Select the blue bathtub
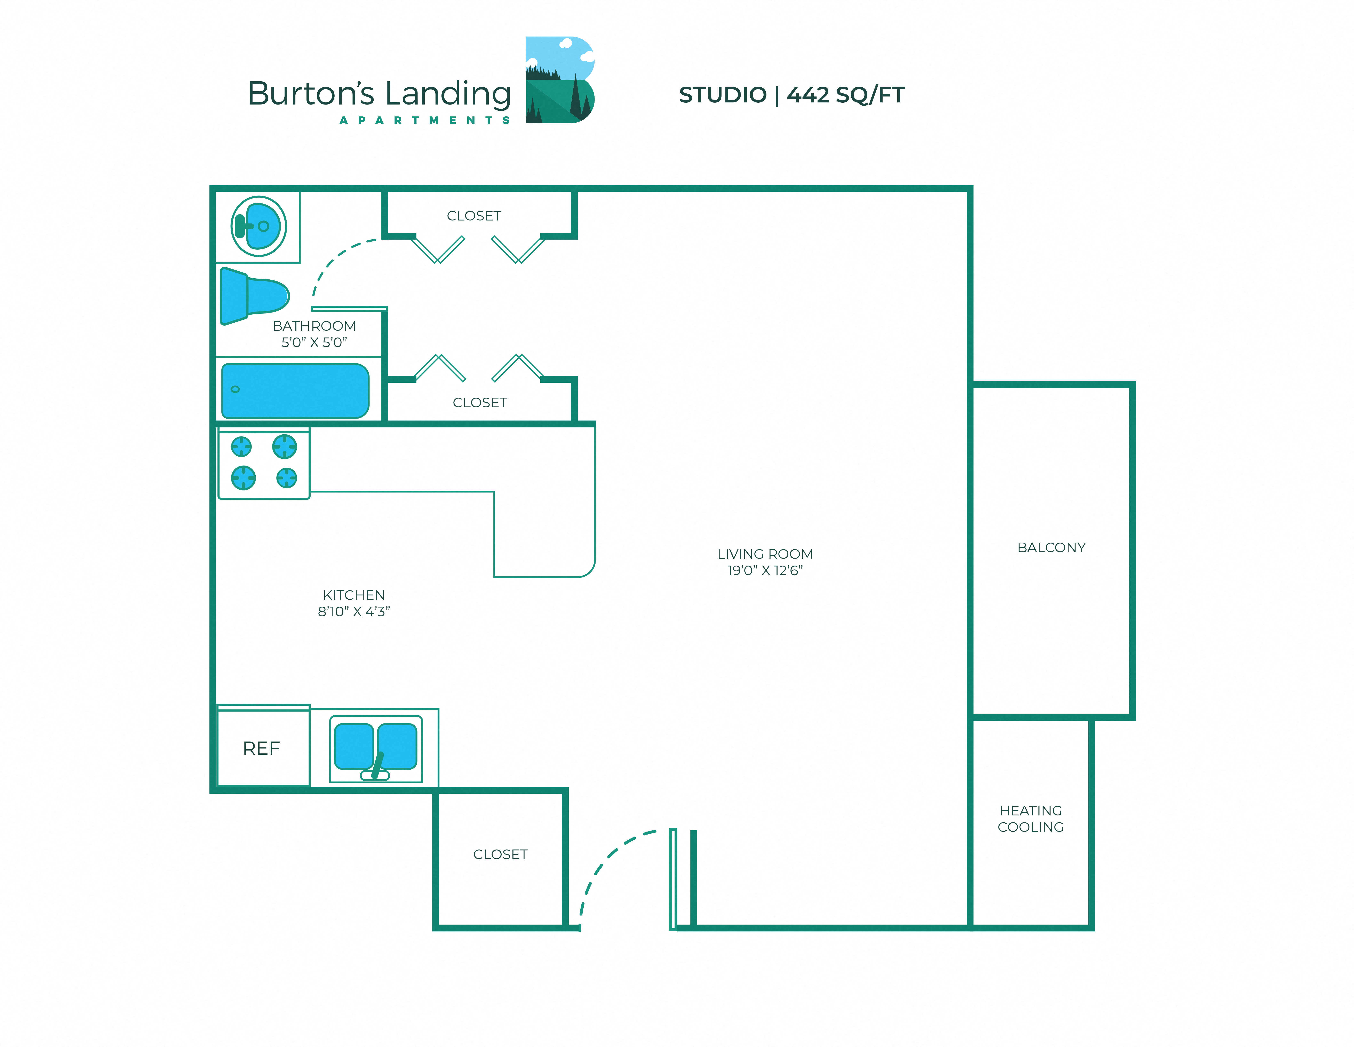[x=295, y=391]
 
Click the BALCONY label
[x=1051, y=548]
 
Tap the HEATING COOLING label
[x=1030, y=819]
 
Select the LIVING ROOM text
[x=765, y=554]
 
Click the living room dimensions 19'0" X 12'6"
[x=765, y=571]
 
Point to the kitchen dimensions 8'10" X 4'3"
[x=354, y=612]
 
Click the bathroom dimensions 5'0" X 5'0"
[x=314, y=342]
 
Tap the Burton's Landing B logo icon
[x=560, y=80]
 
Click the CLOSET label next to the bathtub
[x=480, y=403]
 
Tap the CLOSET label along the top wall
[x=474, y=216]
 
